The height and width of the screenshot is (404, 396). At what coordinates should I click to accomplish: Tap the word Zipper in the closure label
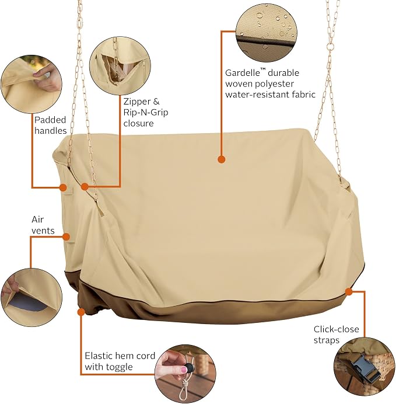[137, 102]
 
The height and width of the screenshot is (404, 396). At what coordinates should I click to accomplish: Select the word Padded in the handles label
[50, 120]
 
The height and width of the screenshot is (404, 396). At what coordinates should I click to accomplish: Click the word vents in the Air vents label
[43, 231]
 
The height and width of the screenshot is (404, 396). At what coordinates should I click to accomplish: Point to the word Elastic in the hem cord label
[98, 356]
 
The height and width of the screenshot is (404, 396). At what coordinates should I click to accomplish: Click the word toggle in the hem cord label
[119, 367]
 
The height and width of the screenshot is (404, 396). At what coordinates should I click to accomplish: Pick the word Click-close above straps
[336, 329]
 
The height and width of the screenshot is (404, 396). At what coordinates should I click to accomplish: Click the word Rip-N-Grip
[146, 113]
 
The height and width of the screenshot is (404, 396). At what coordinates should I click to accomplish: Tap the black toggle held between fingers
[189, 367]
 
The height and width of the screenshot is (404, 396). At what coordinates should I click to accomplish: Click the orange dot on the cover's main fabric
[221, 159]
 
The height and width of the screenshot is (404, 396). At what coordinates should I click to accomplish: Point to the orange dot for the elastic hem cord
[81, 312]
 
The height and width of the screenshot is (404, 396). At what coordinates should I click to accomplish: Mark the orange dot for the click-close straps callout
[349, 292]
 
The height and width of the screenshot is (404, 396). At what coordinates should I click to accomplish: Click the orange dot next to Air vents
[66, 237]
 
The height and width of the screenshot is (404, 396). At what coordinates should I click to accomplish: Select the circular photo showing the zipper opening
[120, 66]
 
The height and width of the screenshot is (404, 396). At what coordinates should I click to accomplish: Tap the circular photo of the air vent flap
[31, 297]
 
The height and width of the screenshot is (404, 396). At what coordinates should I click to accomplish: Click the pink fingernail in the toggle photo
[184, 370]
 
